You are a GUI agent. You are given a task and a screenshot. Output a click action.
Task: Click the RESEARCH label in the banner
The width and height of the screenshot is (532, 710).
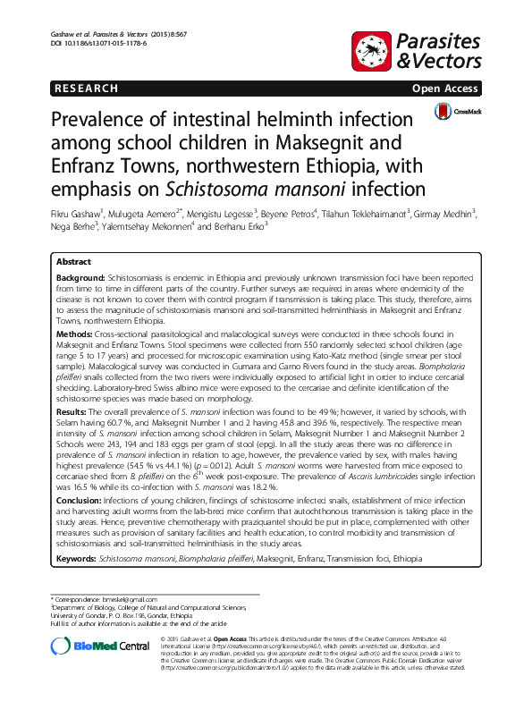tap(86, 89)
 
